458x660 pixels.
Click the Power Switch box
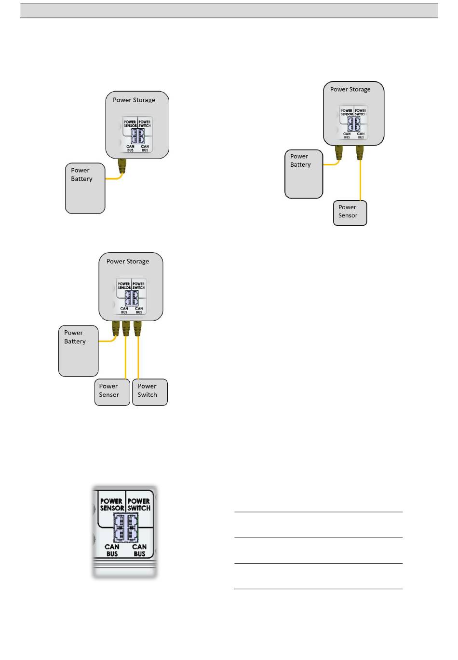pos(149,391)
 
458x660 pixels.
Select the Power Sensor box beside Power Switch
pos(112,391)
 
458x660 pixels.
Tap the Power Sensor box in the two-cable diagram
pos(350,213)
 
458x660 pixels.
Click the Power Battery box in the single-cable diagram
pos(85,188)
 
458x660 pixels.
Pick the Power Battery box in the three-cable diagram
pos(78,350)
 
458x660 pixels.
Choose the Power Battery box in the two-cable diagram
pos(303,174)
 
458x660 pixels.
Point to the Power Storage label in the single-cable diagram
pos(134,100)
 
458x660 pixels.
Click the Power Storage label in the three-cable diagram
pos(128,262)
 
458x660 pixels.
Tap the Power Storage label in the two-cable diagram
pos(350,90)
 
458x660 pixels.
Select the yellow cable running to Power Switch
pos(139,357)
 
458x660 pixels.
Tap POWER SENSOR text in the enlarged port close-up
pos(112,505)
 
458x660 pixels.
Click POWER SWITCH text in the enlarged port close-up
pos(139,505)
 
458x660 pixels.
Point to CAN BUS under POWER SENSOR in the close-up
pos(112,551)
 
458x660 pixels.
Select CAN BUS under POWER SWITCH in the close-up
pos(139,551)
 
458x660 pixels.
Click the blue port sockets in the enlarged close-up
pos(125,527)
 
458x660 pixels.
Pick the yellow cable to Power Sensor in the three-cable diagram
pos(126,357)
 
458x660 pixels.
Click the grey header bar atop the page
pos(229,11)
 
